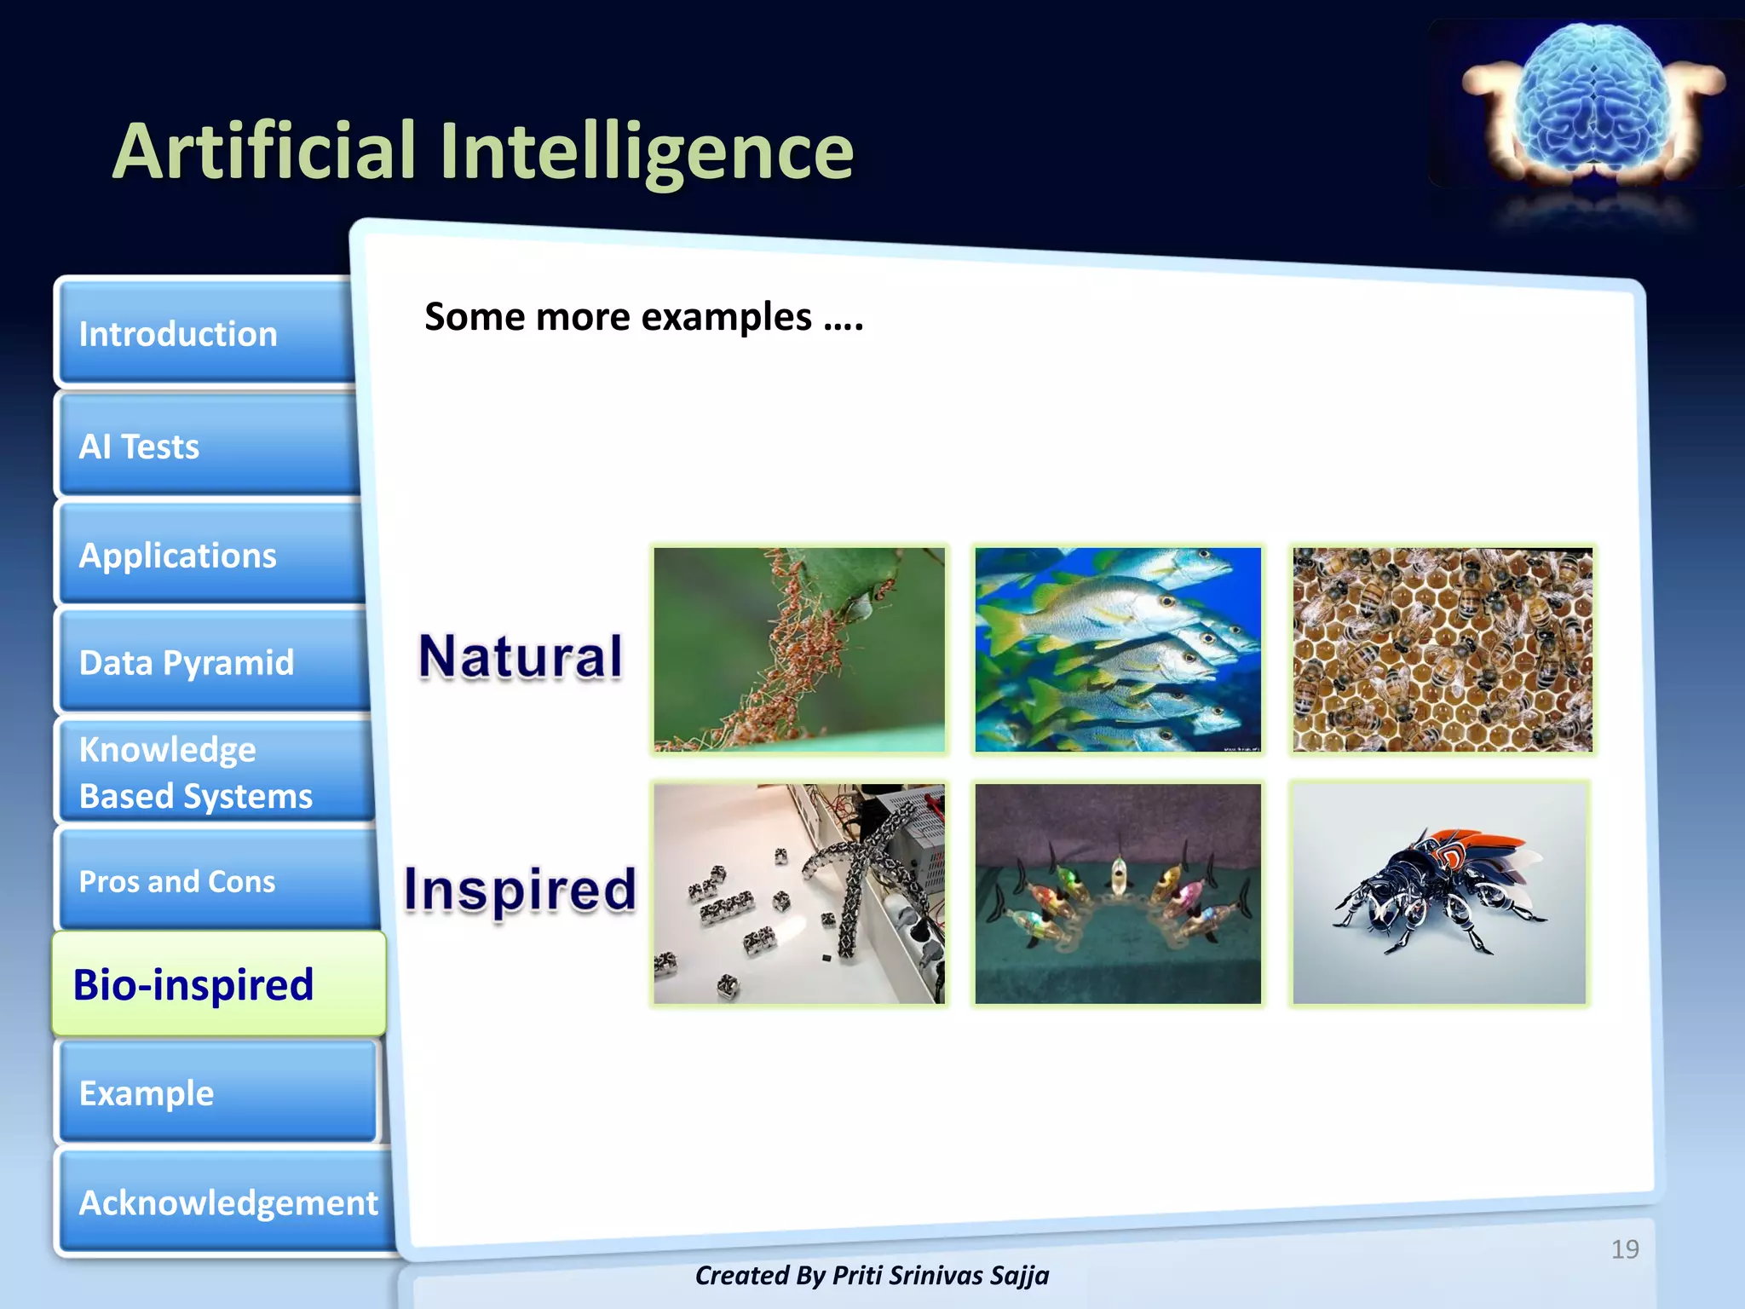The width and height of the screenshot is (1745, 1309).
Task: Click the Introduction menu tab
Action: (x=204, y=333)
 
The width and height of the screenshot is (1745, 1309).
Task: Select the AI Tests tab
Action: (x=204, y=446)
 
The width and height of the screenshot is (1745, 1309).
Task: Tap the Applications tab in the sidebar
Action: (x=209, y=555)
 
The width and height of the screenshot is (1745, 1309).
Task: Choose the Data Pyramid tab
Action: (x=213, y=662)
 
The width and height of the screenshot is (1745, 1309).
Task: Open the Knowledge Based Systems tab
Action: (x=213, y=772)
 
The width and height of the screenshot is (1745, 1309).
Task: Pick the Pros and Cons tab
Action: (x=217, y=880)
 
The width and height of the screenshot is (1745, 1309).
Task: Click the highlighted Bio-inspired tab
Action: (x=218, y=984)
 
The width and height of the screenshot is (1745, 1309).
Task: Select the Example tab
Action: (x=217, y=1093)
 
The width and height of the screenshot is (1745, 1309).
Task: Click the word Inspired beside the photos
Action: (x=520, y=889)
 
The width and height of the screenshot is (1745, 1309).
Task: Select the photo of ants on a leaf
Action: (x=799, y=649)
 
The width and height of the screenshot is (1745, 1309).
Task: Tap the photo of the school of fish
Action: (x=1117, y=649)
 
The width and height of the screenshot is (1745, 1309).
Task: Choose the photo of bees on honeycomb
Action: (x=1442, y=649)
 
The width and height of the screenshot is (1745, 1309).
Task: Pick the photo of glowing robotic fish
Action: (x=1117, y=892)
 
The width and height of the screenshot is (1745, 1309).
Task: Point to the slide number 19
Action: (x=1624, y=1248)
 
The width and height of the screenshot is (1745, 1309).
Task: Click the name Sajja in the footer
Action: (x=1020, y=1275)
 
